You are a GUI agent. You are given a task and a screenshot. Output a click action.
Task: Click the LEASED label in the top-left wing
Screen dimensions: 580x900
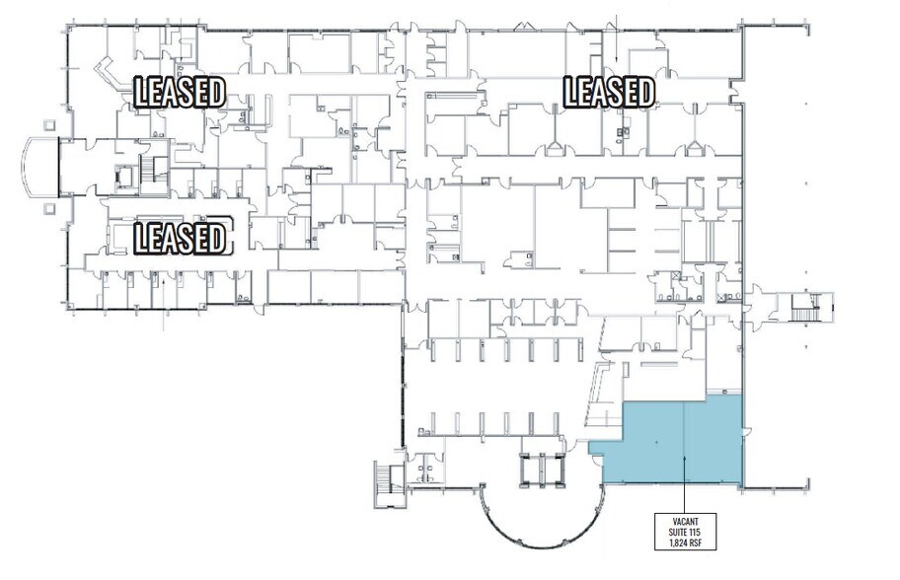point(180,92)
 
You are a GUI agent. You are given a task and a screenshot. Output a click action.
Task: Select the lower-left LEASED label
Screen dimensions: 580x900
point(180,237)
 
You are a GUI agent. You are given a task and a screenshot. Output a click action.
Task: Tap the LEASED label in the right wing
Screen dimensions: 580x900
point(608,92)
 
